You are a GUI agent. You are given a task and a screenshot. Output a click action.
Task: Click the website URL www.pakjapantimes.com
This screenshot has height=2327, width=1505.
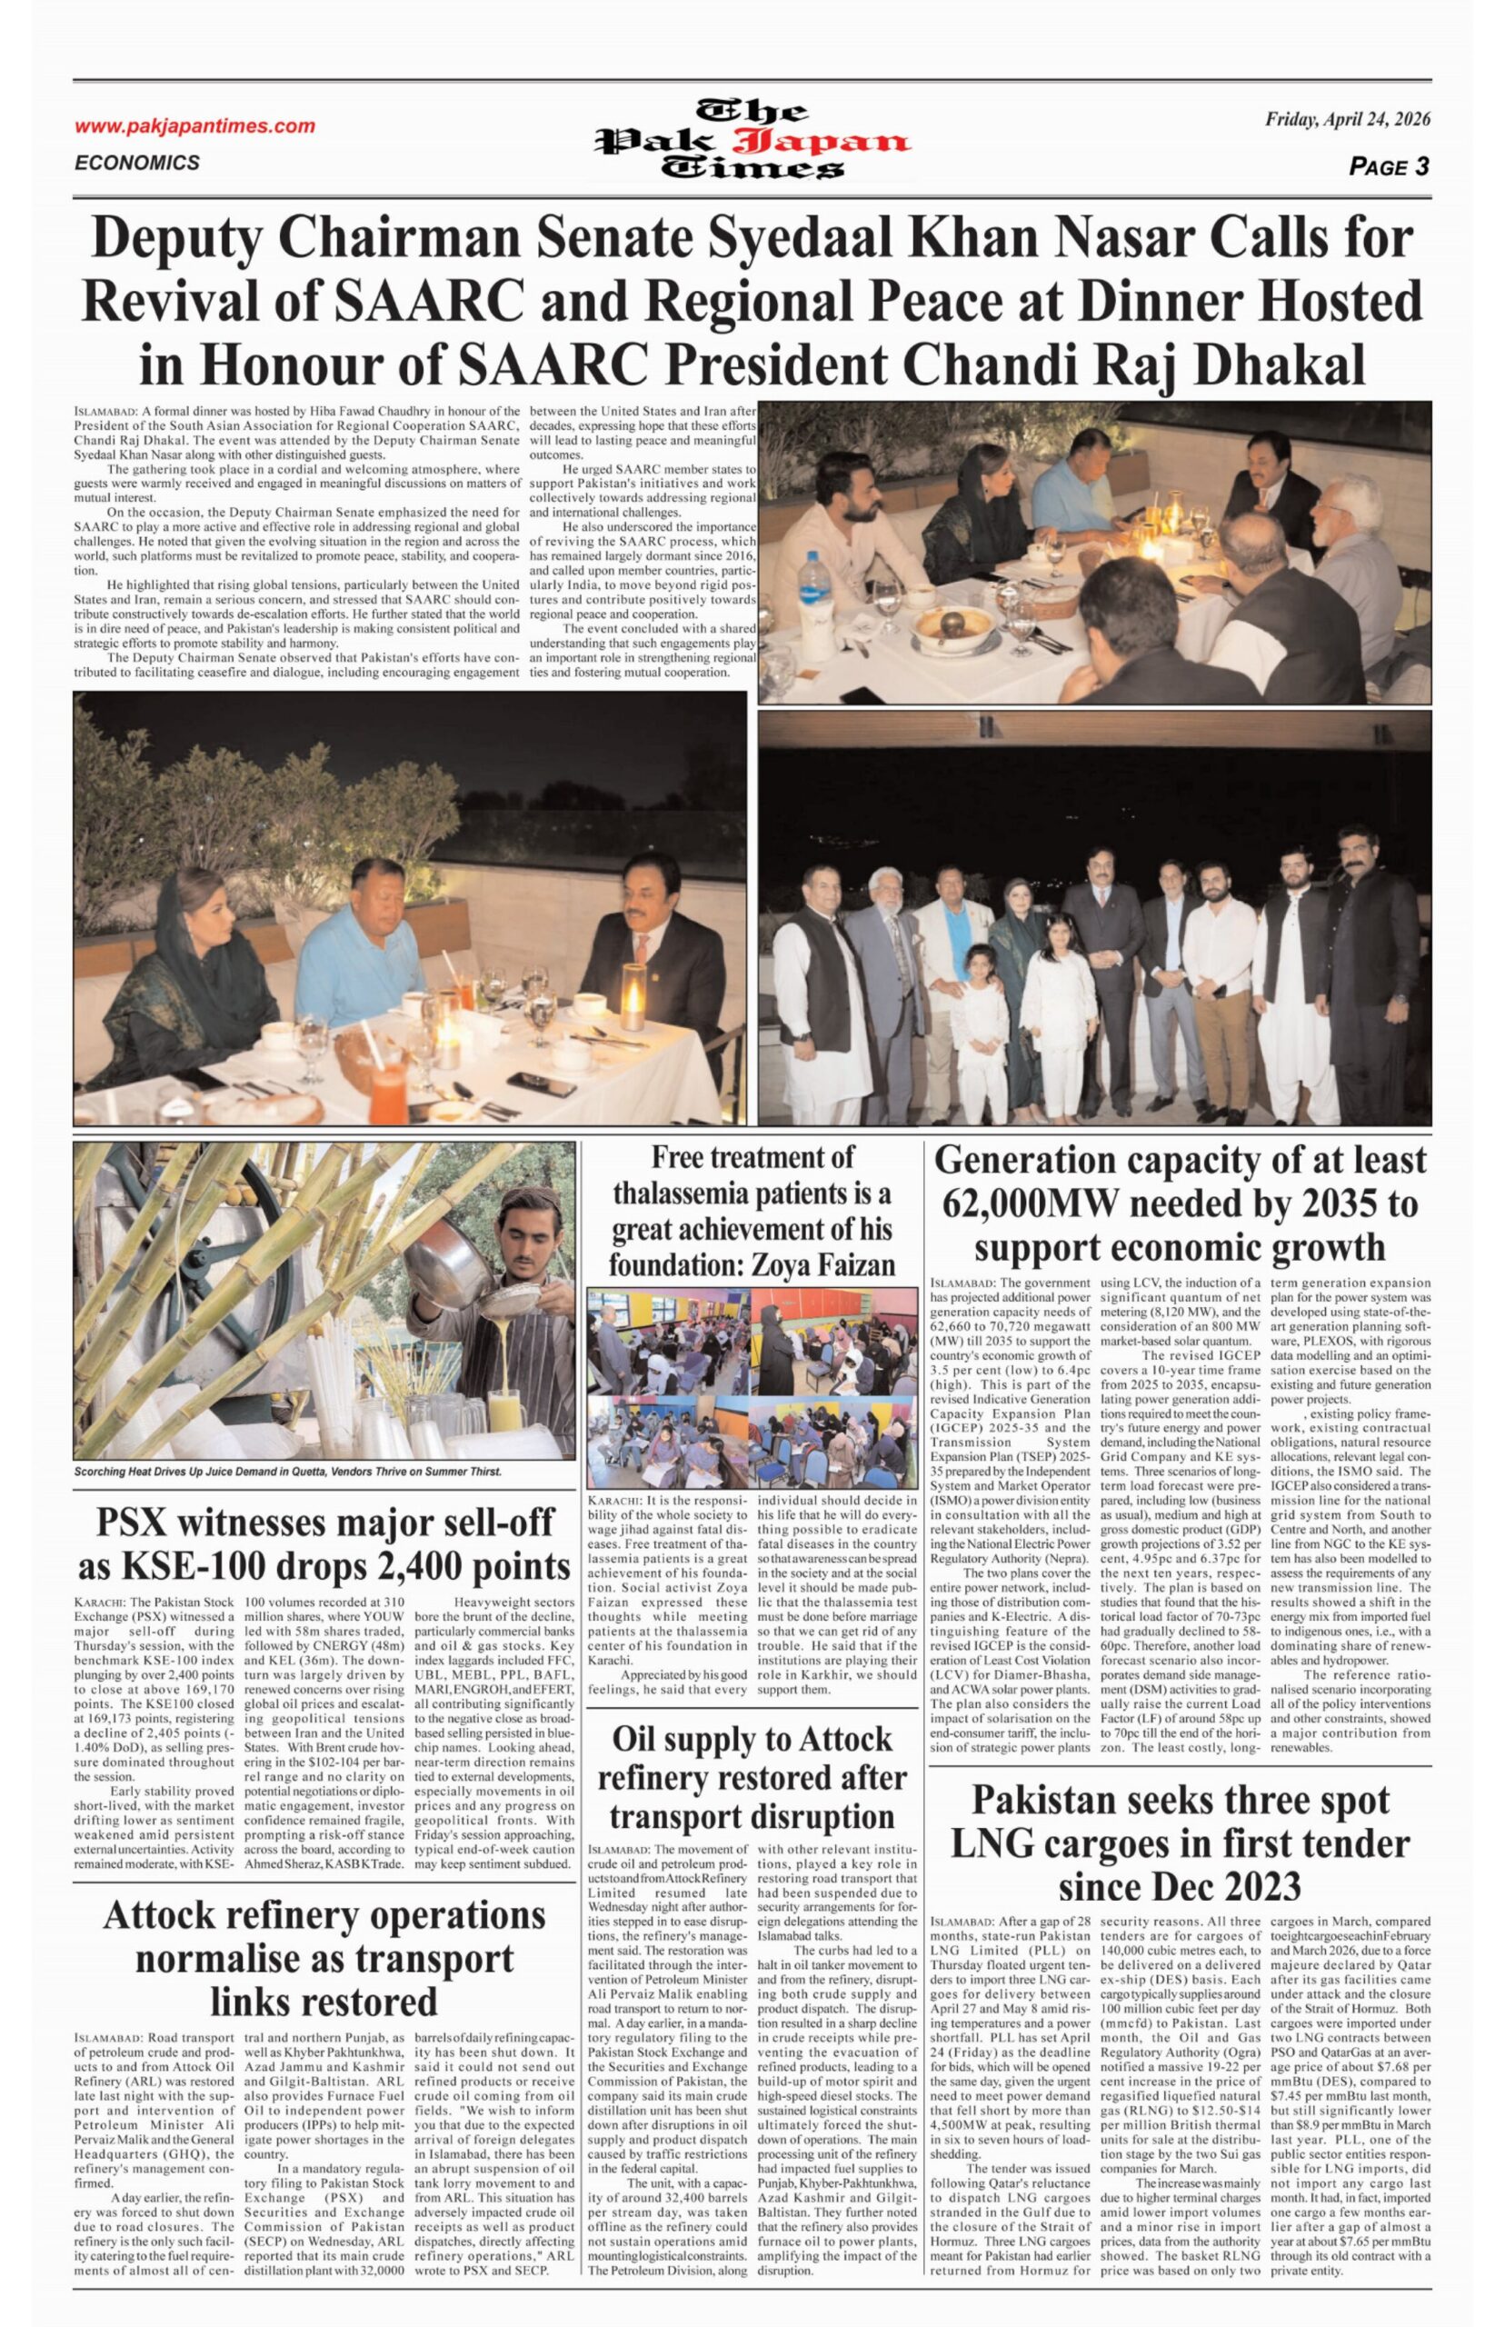[x=194, y=126]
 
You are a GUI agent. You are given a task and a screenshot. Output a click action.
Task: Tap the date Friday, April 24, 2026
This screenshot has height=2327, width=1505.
[x=1348, y=120]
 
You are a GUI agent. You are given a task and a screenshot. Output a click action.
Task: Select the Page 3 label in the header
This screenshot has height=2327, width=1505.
[x=1389, y=166]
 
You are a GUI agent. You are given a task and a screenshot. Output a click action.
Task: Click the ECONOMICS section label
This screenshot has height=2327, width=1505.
[x=137, y=162]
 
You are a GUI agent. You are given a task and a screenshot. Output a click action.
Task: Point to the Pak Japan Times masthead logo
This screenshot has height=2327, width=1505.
[x=752, y=140]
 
